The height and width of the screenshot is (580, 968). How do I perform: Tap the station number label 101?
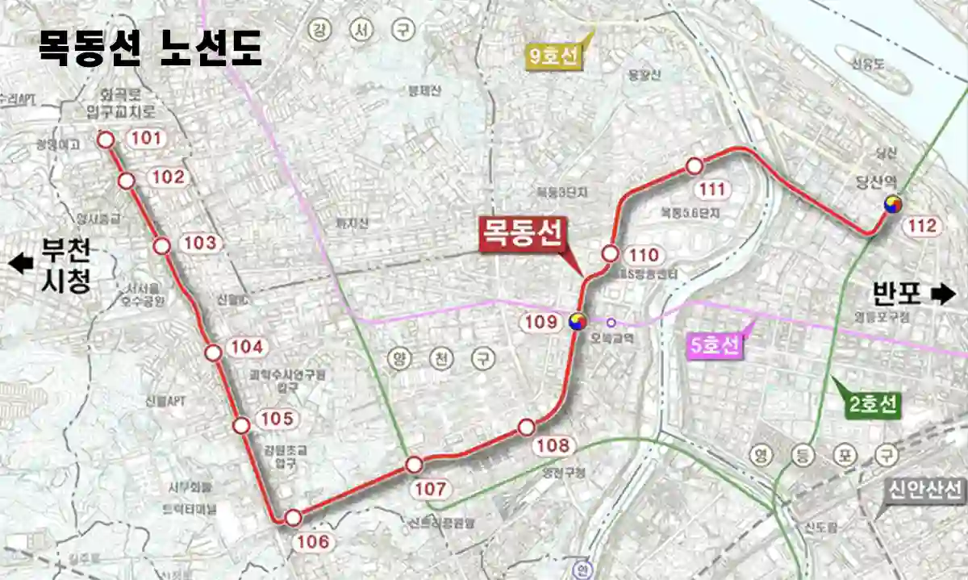146,139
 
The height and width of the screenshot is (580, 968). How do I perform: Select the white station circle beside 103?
162,246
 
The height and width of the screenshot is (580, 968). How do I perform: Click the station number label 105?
277,419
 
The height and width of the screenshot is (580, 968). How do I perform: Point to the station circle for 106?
294,517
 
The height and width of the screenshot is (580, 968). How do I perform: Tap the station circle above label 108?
527,426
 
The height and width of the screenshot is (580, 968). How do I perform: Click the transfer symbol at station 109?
578,322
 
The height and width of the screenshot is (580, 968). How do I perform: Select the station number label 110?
642,256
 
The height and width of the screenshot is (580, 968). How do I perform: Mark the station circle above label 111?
694,166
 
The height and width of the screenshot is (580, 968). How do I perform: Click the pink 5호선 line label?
715,346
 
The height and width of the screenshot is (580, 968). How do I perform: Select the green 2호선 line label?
873,405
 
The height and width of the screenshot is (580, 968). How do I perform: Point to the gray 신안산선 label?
926,489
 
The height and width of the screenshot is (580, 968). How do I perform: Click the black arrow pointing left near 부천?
21,263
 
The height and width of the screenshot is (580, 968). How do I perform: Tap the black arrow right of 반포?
941,294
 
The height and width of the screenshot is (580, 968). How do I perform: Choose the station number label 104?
247,348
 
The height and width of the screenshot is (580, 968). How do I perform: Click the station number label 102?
168,177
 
